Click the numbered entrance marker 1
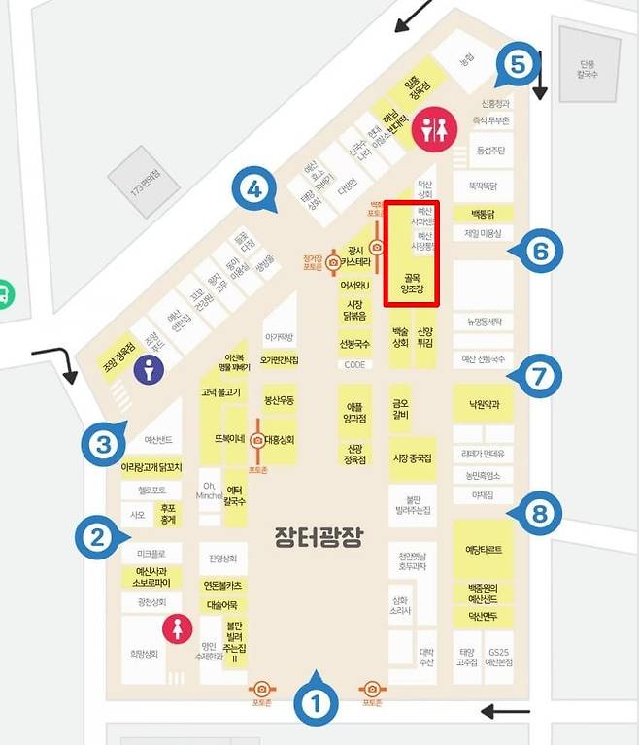point(315,702)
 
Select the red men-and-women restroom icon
point(428,128)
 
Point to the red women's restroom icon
point(177,628)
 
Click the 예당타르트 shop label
point(484,550)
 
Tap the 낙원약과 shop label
point(483,404)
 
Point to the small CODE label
point(354,364)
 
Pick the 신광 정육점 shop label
point(354,454)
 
